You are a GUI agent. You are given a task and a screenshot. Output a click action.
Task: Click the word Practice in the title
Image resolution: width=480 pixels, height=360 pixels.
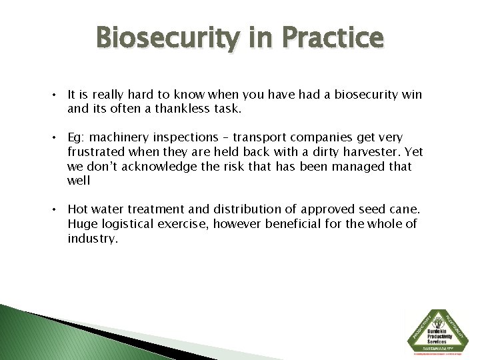tap(334, 38)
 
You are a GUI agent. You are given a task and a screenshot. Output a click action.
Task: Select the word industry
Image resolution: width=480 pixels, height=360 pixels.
tap(92, 239)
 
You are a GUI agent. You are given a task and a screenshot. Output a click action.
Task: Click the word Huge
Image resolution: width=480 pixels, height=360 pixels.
tap(82, 224)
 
